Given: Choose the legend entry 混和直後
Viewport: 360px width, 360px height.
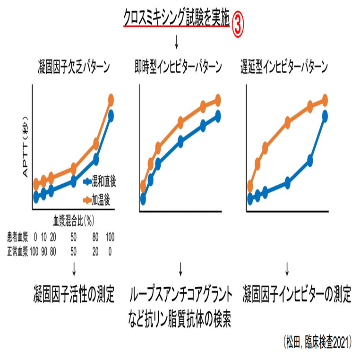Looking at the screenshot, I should (x=100, y=181).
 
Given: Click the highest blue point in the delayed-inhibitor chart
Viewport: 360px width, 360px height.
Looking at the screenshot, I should (x=325, y=115).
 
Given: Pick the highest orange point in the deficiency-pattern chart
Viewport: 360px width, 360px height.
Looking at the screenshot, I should (x=111, y=99).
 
